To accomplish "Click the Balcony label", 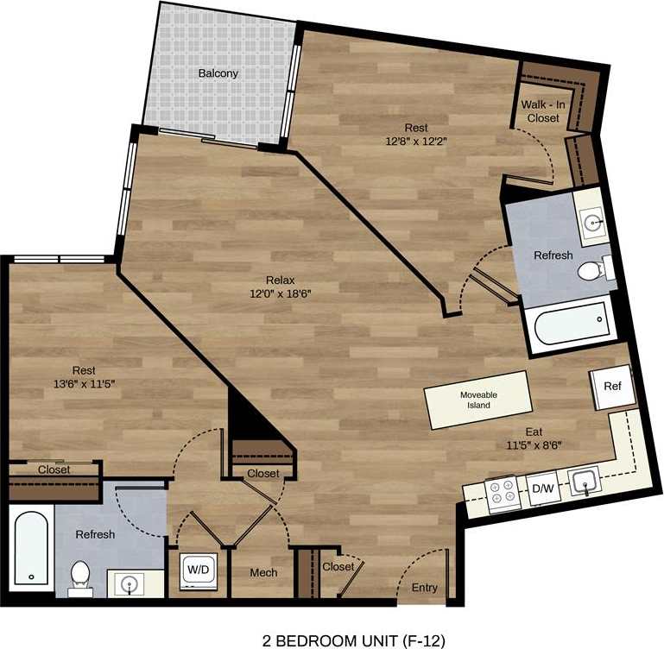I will coord(218,73).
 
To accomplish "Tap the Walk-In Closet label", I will coord(542,110).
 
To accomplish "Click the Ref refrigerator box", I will coord(612,387).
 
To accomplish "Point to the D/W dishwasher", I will coord(542,489).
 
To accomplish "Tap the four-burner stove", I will coord(503,495).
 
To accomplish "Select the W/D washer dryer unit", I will coord(197,570).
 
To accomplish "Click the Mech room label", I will coord(263,572).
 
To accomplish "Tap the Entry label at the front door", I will coord(424,588).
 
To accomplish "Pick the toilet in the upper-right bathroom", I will coord(591,272).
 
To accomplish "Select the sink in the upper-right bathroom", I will coord(593,223).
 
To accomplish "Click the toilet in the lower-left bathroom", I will coord(80,575).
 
